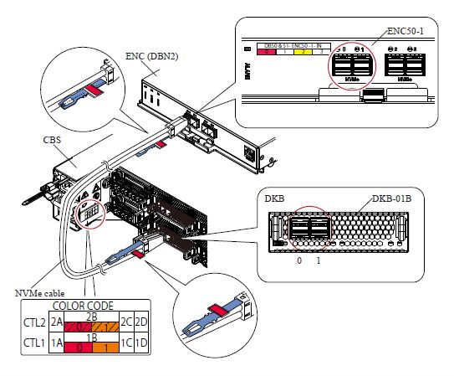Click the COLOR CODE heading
tap(89, 306)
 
